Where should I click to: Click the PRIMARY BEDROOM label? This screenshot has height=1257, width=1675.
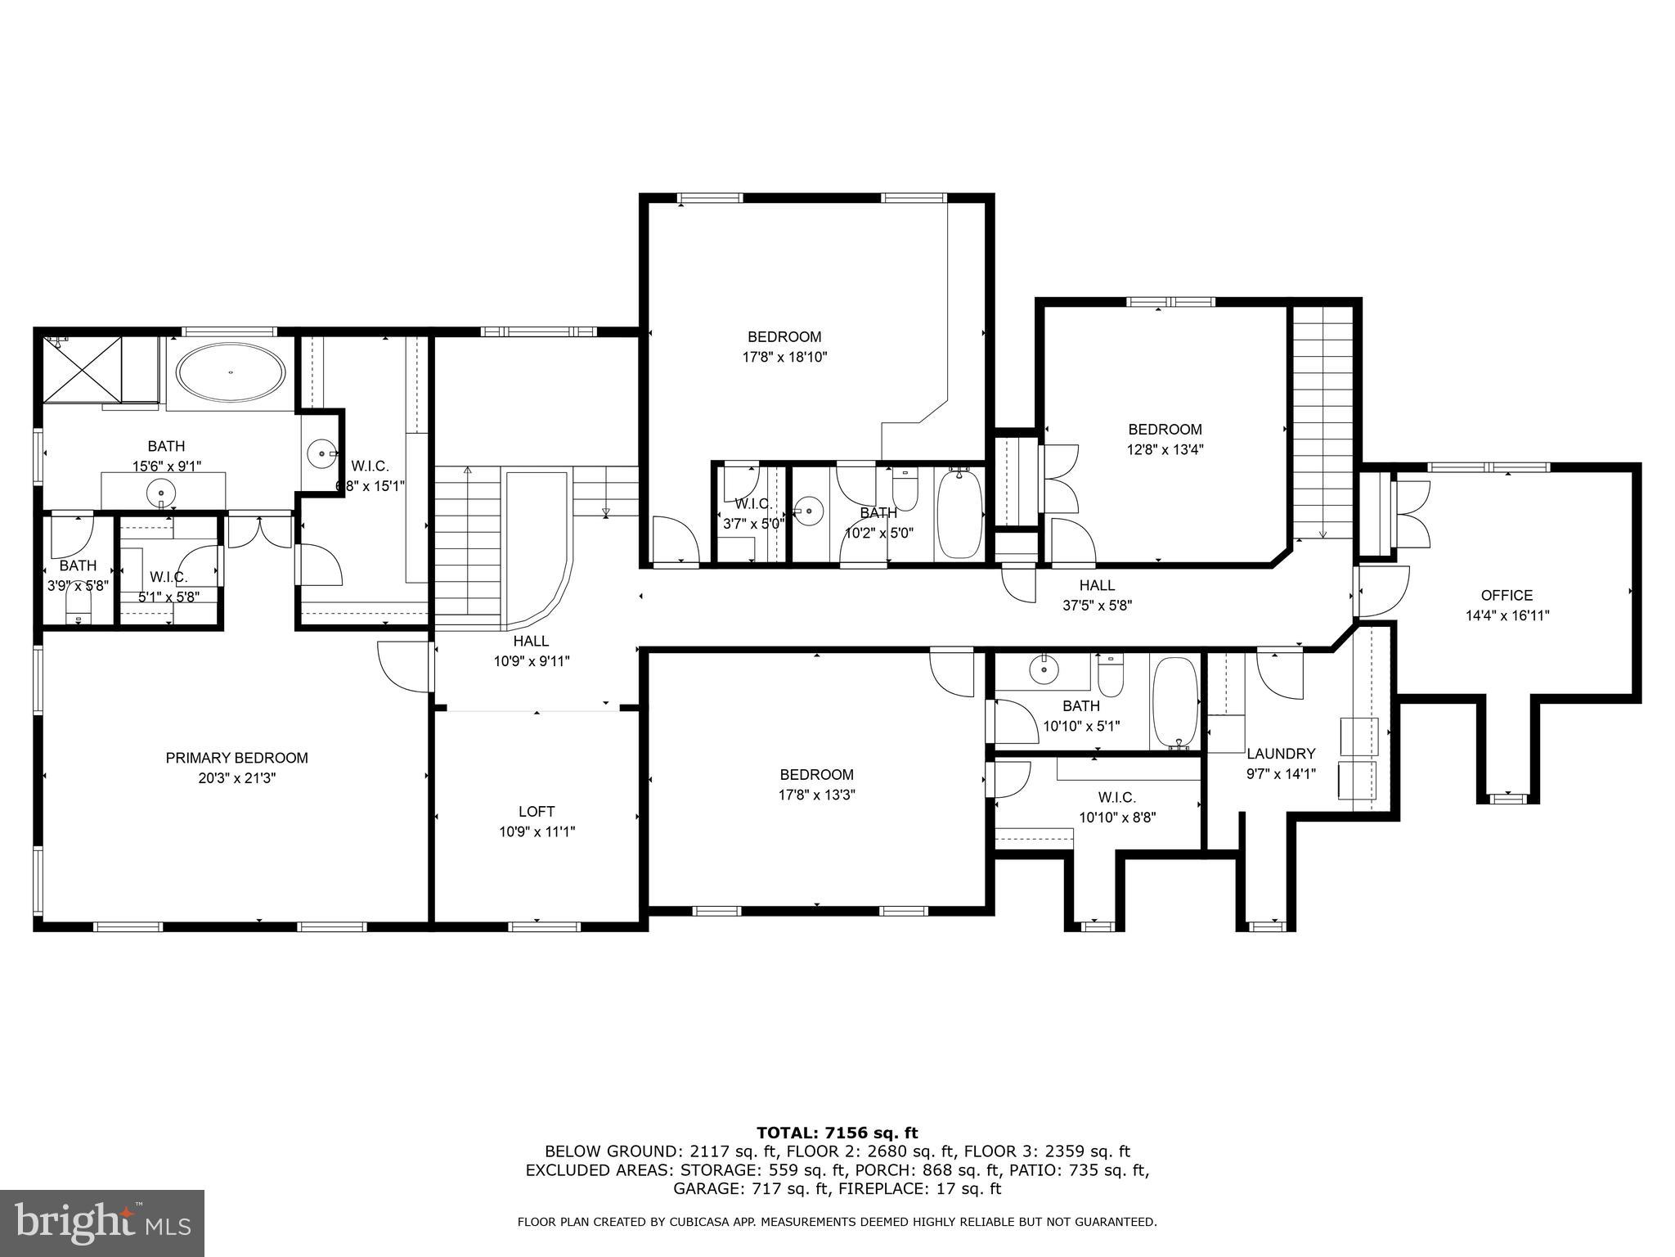click(x=236, y=758)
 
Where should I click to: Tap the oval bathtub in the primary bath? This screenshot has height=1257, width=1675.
click(x=231, y=372)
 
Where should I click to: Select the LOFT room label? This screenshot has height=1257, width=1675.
click(x=537, y=811)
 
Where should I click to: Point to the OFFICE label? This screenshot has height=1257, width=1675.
click(x=1507, y=595)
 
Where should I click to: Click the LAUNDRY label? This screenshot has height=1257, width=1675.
click(x=1281, y=754)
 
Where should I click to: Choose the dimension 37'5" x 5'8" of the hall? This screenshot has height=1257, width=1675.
click(x=1097, y=606)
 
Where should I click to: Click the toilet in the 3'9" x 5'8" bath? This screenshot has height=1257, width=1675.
click(x=79, y=606)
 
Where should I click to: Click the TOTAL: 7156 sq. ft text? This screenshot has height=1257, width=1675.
click(x=837, y=1133)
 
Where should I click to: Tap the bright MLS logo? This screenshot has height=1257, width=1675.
click(x=102, y=1223)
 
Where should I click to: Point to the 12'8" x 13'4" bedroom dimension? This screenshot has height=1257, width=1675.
click(x=1165, y=449)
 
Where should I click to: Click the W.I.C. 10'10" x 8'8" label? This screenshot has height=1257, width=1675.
click(x=1116, y=807)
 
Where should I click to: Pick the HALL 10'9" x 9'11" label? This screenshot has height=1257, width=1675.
click(x=531, y=651)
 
